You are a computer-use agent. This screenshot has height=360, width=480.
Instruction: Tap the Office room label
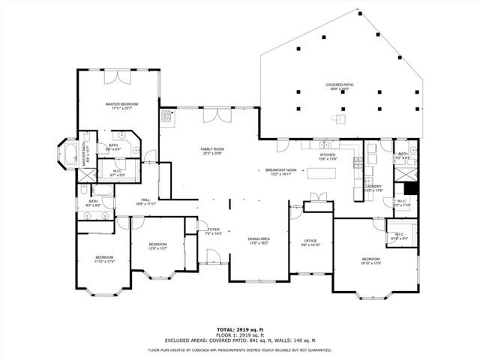click(x=310, y=242)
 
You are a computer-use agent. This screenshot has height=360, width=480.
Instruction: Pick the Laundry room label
click(x=373, y=187)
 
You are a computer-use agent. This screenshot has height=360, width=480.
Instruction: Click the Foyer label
click(x=214, y=231)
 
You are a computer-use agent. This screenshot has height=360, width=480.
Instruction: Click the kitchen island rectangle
click(x=331, y=173)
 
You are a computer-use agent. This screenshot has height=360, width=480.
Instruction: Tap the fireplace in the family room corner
click(x=166, y=116)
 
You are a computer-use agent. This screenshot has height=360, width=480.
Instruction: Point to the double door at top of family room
click(x=220, y=115)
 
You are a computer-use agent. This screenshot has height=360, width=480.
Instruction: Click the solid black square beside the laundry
click(x=409, y=188)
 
